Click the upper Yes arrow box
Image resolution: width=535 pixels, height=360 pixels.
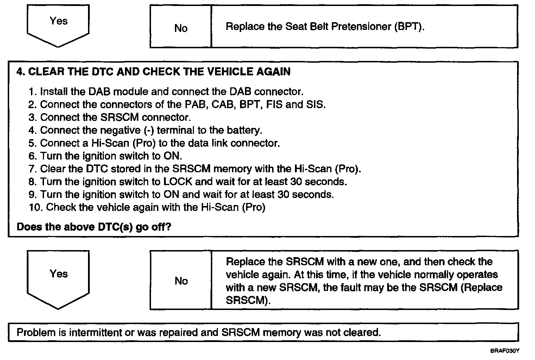click(x=58, y=23)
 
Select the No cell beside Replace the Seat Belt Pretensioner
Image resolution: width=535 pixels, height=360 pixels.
click(x=181, y=28)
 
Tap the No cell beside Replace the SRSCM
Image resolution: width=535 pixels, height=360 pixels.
click(x=181, y=281)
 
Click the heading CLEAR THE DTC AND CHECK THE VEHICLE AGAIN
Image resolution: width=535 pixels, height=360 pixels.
click(x=154, y=72)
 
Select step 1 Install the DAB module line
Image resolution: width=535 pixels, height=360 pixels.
click(x=166, y=92)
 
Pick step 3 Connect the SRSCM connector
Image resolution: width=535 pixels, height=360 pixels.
click(x=110, y=117)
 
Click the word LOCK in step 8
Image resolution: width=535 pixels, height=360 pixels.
click(x=178, y=182)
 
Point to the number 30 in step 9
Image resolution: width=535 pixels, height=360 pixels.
click(x=283, y=194)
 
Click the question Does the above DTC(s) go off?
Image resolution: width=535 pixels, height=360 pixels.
click(x=94, y=226)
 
